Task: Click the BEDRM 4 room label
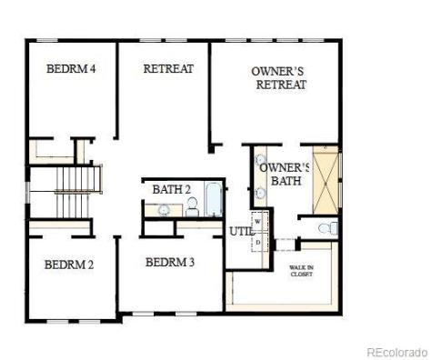(71, 68)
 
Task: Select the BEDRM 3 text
(170, 262)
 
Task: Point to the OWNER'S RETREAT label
(279, 77)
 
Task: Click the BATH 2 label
(171, 189)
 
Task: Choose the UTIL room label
(239, 230)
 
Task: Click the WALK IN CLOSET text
(302, 270)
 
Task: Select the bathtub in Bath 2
(214, 200)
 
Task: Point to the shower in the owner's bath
(325, 178)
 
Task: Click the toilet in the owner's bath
(331, 227)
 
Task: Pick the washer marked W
(257, 221)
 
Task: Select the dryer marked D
(257, 242)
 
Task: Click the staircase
(70, 193)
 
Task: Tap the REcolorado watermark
(396, 351)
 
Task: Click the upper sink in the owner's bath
(259, 161)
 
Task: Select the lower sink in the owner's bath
(259, 192)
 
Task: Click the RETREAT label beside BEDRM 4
(168, 68)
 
